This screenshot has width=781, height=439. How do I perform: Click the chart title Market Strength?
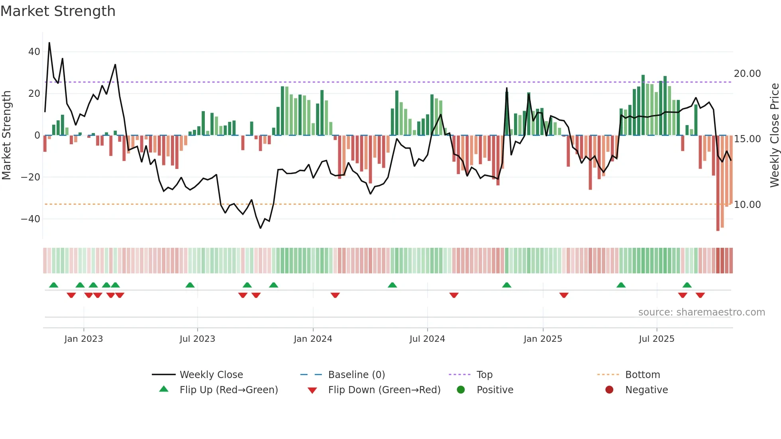58,11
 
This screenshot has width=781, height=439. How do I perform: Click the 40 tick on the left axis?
34,52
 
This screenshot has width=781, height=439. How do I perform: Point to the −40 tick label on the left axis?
30,219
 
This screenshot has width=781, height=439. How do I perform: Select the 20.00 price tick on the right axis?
747,74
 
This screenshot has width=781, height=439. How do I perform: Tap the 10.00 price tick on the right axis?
747,205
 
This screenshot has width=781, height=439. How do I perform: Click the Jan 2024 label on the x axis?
313,339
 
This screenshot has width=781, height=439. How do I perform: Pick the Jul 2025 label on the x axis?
656,339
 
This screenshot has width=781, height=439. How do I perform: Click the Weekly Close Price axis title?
774,135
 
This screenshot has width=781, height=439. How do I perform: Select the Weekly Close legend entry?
211,375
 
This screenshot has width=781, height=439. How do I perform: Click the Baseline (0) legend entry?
356,375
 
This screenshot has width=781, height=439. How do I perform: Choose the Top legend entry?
484,375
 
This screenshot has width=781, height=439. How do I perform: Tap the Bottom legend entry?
642,375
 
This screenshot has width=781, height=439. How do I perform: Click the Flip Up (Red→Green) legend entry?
228,390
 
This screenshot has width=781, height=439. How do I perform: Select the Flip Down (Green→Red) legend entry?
384,390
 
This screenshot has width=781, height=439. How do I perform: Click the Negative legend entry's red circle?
609,390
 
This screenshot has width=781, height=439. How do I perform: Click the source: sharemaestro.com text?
701,312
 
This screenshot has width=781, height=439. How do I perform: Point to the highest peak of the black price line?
49,43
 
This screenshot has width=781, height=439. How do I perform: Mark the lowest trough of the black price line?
261,228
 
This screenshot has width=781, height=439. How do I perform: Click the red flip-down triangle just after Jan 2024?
335,295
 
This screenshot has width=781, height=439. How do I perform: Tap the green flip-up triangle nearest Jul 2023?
190,285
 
